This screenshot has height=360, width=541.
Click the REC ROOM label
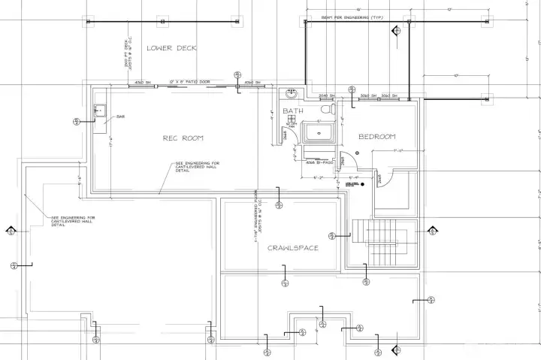tap(184, 138)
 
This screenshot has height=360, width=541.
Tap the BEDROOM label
tap(376, 137)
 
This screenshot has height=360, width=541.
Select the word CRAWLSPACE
tap(293, 247)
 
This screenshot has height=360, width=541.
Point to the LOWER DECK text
tap(171, 48)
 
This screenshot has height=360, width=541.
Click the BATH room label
tap(293, 111)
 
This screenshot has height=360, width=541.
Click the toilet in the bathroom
tap(326, 109)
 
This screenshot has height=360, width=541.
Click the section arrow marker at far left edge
tap(11, 230)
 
